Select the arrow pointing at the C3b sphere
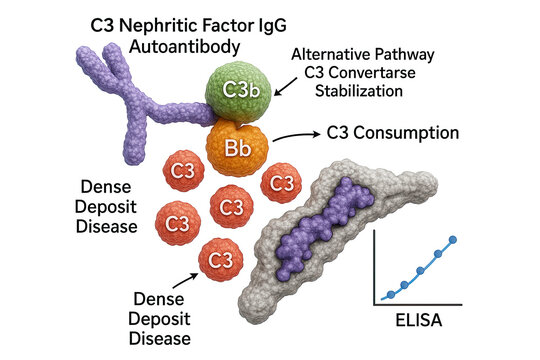(x=283, y=92)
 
